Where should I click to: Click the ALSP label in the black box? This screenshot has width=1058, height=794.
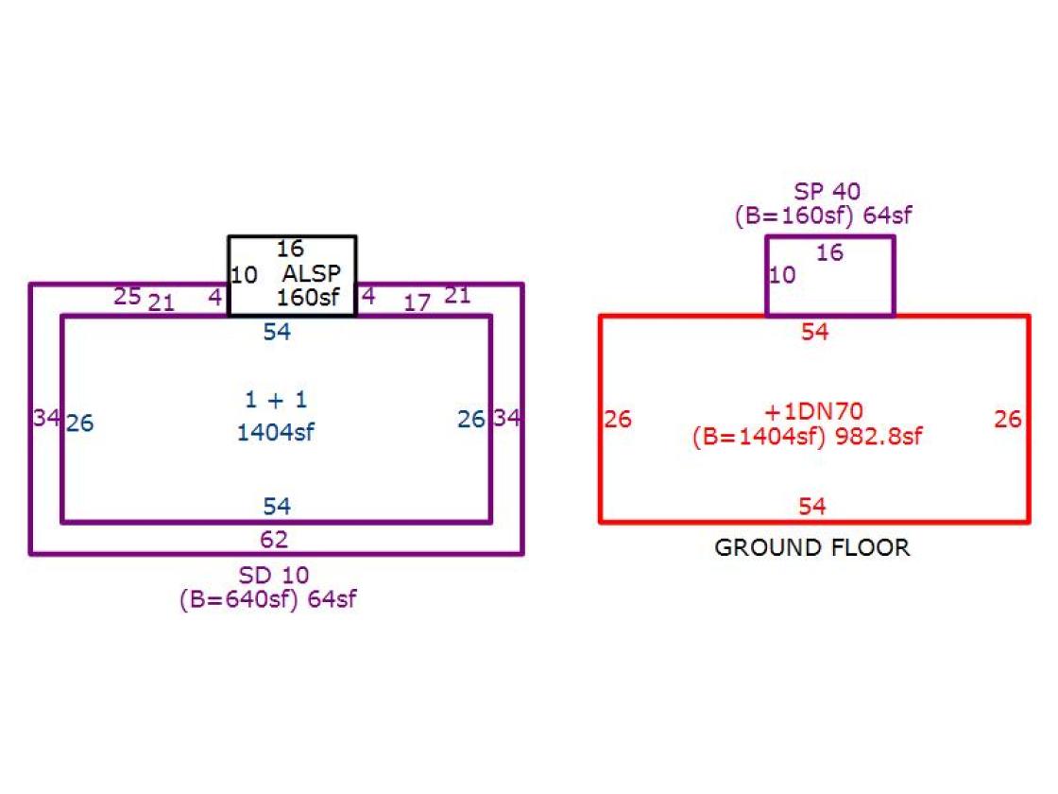coord(312,273)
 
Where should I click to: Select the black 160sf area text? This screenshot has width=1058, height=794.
coord(308,297)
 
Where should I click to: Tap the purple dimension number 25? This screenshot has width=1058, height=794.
coord(127,297)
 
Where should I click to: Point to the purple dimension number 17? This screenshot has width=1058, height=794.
coord(417,302)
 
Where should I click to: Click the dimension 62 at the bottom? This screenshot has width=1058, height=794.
coord(274,540)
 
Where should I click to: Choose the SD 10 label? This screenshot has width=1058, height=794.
coord(274,576)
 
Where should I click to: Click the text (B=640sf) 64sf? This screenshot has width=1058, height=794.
coord(268,599)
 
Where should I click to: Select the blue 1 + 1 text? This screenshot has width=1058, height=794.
coord(276,400)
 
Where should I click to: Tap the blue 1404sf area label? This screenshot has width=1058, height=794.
coord(275,432)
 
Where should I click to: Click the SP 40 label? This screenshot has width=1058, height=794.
coord(827,191)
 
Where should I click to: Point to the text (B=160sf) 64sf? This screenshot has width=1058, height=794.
coord(823,216)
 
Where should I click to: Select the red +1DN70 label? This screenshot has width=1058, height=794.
coord(813,411)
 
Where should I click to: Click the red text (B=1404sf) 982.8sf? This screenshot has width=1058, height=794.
coord(807,436)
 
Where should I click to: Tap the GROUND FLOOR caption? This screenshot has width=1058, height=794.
coord(812,547)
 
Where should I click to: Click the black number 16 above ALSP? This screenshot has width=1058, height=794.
coord(290,249)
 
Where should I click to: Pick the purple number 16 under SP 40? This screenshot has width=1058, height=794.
coord(829,252)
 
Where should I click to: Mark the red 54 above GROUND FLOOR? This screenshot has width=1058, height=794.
coord(811,507)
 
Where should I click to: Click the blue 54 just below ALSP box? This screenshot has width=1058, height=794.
coord(277,332)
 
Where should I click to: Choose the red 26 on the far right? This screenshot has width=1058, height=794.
coord(1007,420)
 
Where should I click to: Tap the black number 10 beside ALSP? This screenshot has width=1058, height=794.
coord(245,275)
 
